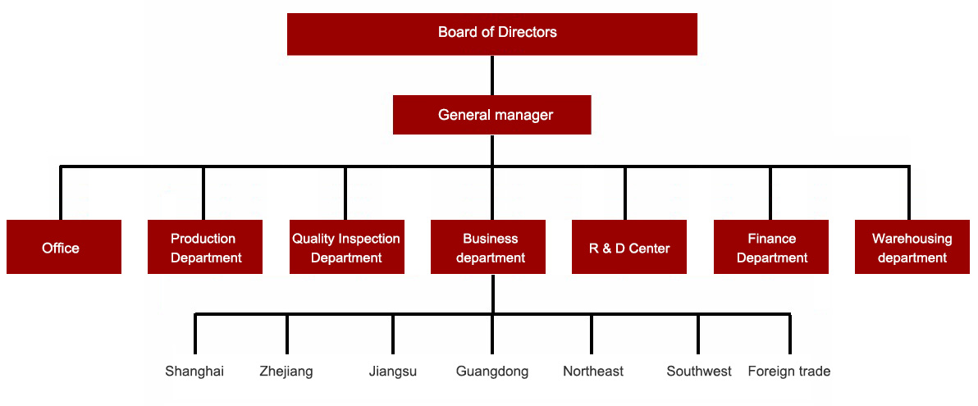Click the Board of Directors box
coord(492,34)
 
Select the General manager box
coord(492,115)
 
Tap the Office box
coord(63,247)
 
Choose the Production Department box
coord(205,247)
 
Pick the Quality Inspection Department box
coord(346,247)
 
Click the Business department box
coord(488,247)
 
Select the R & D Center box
coord(629,247)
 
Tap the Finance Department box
coord(771,247)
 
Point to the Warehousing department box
coord(912,247)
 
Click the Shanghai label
coord(194,372)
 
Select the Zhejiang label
coord(286,372)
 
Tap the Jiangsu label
coord(393,372)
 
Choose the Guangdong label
coord(492,372)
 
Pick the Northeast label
coord(593,372)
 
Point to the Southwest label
coord(699,372)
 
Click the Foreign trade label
coord(789,372)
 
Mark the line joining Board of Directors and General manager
coord(492,75)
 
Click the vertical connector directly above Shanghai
coord(195,335)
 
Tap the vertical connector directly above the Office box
coord(61,194)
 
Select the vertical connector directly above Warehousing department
coord(909,194)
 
